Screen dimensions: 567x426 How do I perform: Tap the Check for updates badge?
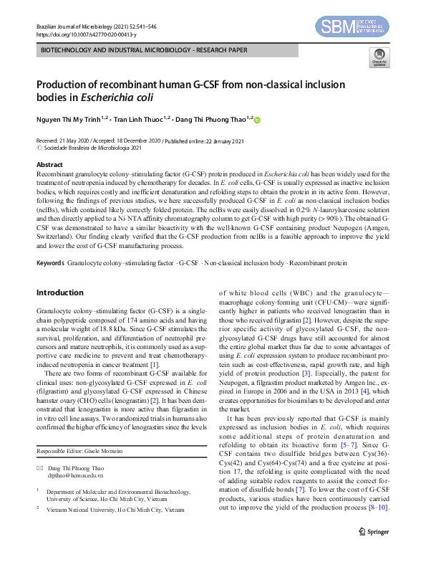pos(377,58)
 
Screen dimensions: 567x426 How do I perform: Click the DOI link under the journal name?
pos(80,33)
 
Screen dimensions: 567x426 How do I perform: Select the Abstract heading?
pos(49,165)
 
